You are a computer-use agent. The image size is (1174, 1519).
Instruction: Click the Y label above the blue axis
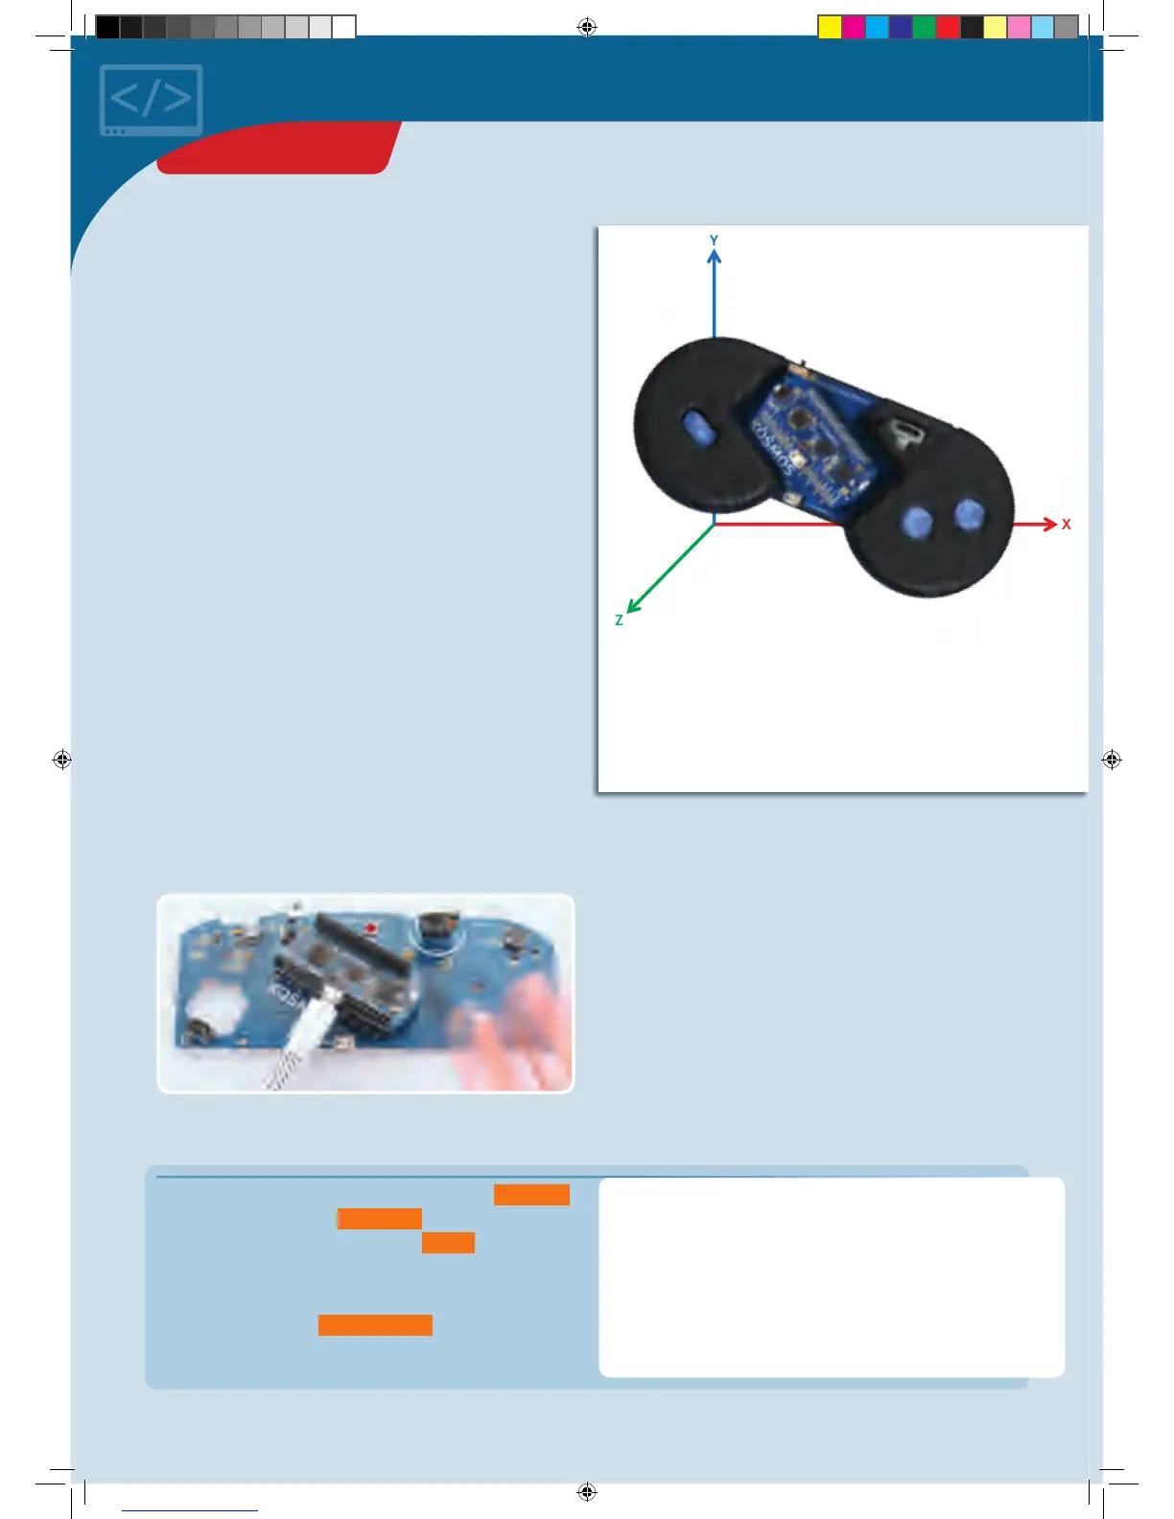coord(714,241)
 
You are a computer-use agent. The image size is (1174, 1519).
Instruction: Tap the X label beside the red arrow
coord(1066,525)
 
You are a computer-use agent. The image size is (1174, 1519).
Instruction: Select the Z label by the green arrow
coord(620,620)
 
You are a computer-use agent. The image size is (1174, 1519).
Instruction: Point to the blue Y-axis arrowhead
coord(714,256)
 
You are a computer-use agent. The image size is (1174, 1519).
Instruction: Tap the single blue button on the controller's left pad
coord(699,428)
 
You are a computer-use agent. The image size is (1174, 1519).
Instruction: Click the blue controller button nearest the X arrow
coord(970,515)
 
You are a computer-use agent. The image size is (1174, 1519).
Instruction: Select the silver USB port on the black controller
coord(903,433)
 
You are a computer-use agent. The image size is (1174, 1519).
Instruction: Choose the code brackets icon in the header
coord(152,100)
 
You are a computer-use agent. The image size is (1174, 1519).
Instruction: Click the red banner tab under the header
coord(278,149)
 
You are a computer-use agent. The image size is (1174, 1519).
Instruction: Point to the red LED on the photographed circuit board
coord(370,928)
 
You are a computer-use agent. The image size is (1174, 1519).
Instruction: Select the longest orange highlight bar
coord(375,1325)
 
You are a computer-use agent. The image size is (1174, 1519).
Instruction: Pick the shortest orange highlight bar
coord(448,1243)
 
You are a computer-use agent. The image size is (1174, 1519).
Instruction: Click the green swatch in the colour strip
coord(924,28)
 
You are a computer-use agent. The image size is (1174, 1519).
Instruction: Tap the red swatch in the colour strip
coord(948,28)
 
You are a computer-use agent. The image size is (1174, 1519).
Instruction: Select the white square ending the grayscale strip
coord(344,28)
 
